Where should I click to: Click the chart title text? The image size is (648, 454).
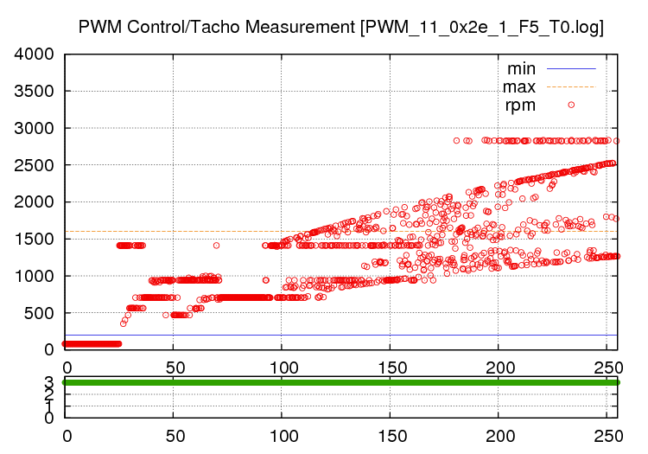pos(340,27)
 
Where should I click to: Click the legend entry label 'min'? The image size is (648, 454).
pos(521,68)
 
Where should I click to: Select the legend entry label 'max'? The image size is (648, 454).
pos(519,86)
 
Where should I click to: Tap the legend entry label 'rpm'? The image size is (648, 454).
pos(520,106)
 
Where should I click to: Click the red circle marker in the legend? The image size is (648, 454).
pos(571,105)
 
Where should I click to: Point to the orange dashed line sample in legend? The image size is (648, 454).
pos(571,86)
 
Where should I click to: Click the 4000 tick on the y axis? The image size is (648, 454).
pos(35,54)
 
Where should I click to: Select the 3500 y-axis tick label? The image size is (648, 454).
pos(35,92)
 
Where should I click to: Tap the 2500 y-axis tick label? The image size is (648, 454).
pos(35,165)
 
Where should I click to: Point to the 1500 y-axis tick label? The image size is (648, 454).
pos(35,240)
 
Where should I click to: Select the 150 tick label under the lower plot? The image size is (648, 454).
pos(391,437)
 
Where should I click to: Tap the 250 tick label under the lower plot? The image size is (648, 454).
pos(608,437)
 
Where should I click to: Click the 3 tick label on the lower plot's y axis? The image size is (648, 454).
pos(48,382)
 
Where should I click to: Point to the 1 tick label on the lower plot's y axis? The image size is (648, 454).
pos(48,406)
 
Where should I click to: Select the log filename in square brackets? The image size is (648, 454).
pos(483,27)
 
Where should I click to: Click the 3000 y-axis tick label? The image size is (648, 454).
pos(35,128)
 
